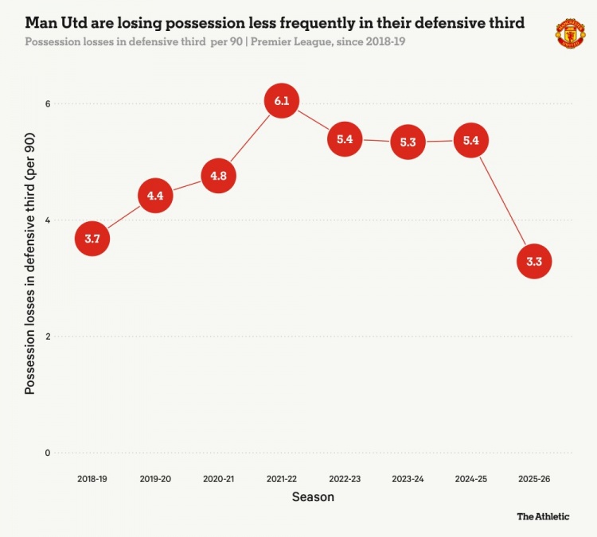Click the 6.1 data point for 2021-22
(x=281, y=101)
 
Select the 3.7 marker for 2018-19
(x=92, y=238)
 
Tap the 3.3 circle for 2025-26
(x=534, y=260)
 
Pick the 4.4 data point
(x=155, y=196)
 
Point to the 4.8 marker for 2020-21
(x=219, y=176)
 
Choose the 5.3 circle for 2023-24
(x=408, y=142)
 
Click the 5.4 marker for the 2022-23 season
(x=345, y=139)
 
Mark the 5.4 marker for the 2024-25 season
(x=470, y=140)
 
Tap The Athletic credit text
(x=543, y=516)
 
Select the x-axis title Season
(x=313, y=497)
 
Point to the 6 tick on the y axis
(x=47, y=104)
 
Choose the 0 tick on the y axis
(x=47, y=453)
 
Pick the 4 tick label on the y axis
(x=47, y=220)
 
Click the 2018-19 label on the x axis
(x=92, y=479)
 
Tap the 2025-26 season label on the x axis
(x=534, y=479)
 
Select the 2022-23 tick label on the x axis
(x=345, y=479)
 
